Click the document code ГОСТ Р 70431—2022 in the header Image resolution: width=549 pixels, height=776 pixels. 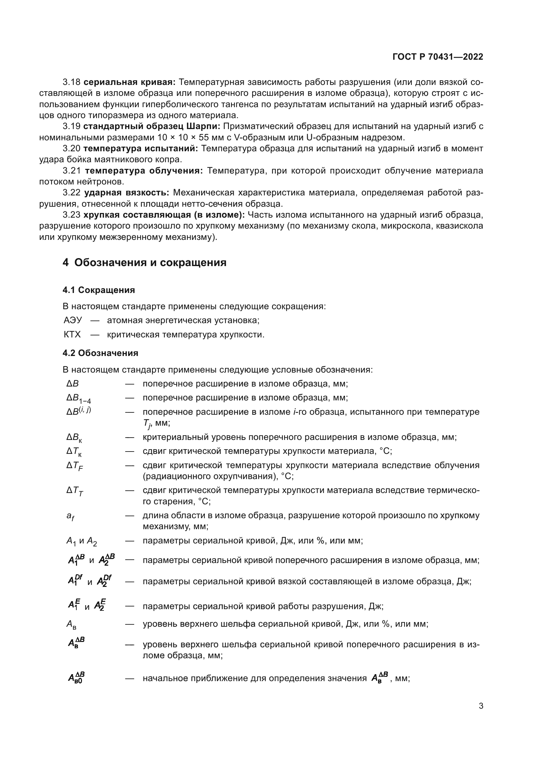(438, 57)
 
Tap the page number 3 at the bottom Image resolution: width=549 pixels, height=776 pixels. (481, 706)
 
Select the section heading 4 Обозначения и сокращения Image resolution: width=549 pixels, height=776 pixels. (144, 263)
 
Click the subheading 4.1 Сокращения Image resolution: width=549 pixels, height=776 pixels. (99, 290)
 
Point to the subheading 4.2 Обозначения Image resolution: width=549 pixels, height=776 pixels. (100, 353)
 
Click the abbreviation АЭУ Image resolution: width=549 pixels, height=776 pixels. (73, 320)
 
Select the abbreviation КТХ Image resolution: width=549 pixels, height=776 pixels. (72, 335)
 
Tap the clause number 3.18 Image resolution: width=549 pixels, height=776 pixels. (71, 82)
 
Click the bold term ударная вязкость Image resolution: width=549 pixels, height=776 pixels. (126, 193)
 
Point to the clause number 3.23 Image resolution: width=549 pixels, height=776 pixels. (71, 215)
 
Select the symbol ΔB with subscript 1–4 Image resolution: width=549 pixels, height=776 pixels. (78, 398)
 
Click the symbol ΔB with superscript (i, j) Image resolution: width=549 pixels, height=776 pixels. (78, 411)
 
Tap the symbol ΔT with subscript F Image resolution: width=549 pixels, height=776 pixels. (75, 466)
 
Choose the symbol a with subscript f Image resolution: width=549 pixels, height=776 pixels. (70, 516)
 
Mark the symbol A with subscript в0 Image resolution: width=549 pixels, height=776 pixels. (76, 678)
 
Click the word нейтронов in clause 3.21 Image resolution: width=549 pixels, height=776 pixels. (103, 182)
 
